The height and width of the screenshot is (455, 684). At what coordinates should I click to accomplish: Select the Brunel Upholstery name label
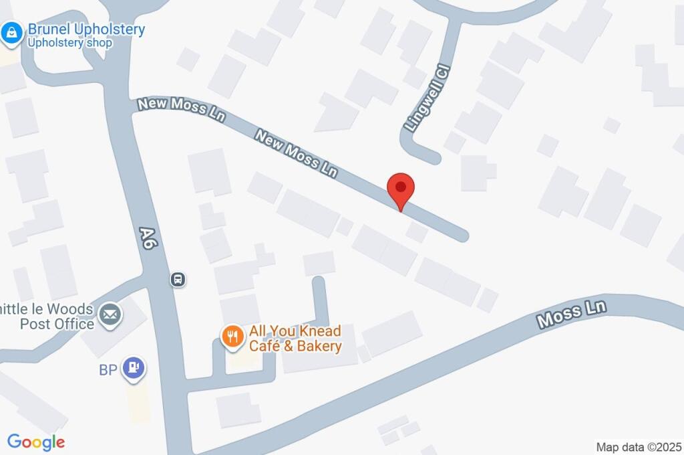(x=85, y=30)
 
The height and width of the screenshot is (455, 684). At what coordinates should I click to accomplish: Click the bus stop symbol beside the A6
(x=178, y=279)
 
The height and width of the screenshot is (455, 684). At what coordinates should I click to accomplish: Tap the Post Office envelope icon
(x=109, y=313)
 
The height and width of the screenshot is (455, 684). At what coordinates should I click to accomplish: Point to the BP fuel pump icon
(x=135, y=368)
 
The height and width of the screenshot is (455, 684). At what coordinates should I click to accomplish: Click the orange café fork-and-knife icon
(x=232, y=337)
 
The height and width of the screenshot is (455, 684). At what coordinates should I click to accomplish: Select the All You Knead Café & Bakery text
(x=295, y=339)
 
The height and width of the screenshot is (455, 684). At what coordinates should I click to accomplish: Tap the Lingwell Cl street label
(x=427, y=97)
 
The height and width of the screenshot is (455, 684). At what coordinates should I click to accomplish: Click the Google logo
(x=36, y=442)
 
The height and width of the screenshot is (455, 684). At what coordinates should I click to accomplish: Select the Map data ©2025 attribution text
(x=639, y=446)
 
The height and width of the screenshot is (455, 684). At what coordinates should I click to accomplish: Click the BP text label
(x=108, y=370)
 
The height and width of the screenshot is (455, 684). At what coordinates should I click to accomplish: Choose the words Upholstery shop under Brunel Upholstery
(x=69, y=43)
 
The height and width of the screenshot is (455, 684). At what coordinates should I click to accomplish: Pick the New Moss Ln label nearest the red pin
(x=296, y=153)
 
